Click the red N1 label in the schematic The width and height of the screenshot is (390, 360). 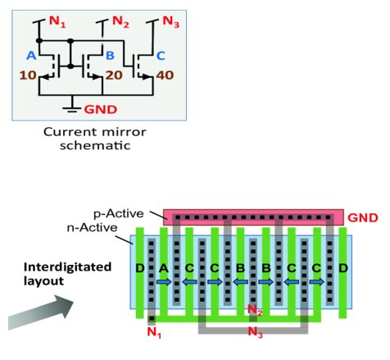pos(57,21)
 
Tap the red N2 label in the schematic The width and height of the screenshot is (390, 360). pos(120,21)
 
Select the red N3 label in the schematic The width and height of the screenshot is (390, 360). pos(171,21)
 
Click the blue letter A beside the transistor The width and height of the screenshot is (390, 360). pos(31,56)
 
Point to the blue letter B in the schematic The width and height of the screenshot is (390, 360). pos(110,56)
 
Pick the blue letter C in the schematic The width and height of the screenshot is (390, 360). pos(161,56)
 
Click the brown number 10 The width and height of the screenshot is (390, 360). pos(28,75)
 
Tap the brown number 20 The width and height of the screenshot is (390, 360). pos(114,75)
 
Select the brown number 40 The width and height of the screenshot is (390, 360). pos(165,75)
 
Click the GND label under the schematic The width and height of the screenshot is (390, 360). pos(101,110)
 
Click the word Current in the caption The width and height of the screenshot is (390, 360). pos(69,132)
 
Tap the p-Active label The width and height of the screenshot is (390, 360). pos(119,214)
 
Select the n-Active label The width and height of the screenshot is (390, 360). pos(93,227)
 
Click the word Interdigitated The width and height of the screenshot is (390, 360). pos(67,267)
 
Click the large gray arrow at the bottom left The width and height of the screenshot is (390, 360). pos(41,312)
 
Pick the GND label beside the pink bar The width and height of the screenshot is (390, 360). pos(363,218)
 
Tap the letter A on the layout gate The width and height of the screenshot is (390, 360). pos(164,268)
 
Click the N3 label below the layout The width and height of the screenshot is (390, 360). pos(255,332)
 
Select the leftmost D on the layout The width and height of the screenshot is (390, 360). pos(140,268)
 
